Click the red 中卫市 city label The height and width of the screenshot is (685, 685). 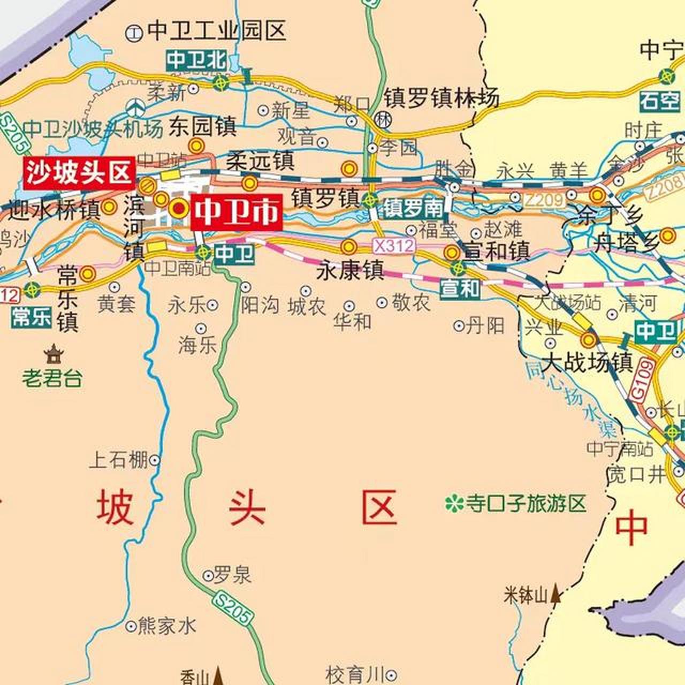pyautogui.click(x=236, y=212)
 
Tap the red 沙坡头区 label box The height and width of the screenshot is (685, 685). pyautogui.click(x=79, y=172)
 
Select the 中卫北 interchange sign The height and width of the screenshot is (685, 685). pyautogui.click(x=196, y=60)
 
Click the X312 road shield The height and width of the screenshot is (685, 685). pyautogui.click(x=394, y=246)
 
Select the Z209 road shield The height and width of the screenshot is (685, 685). pyautogui.click(x=544, y=201)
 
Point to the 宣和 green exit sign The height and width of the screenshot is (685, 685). pyautogui.click(x=460, y=288)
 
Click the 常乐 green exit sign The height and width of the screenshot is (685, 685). pyautogui.click(x=32, y=317)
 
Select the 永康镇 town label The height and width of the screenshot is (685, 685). pyautogui.click(x=351, y=270)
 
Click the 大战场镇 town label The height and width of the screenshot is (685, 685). pyautogui.click(x=587, y=362)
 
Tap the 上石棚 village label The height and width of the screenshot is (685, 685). pyautogui.click(x=118, y=459)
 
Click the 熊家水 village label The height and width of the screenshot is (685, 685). pyautogui.click(x=166, y=625)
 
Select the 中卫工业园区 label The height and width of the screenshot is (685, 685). pyautogui.click(x=216, y=31)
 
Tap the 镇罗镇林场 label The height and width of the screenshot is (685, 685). pyautogui.click(x=441, y=98)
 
